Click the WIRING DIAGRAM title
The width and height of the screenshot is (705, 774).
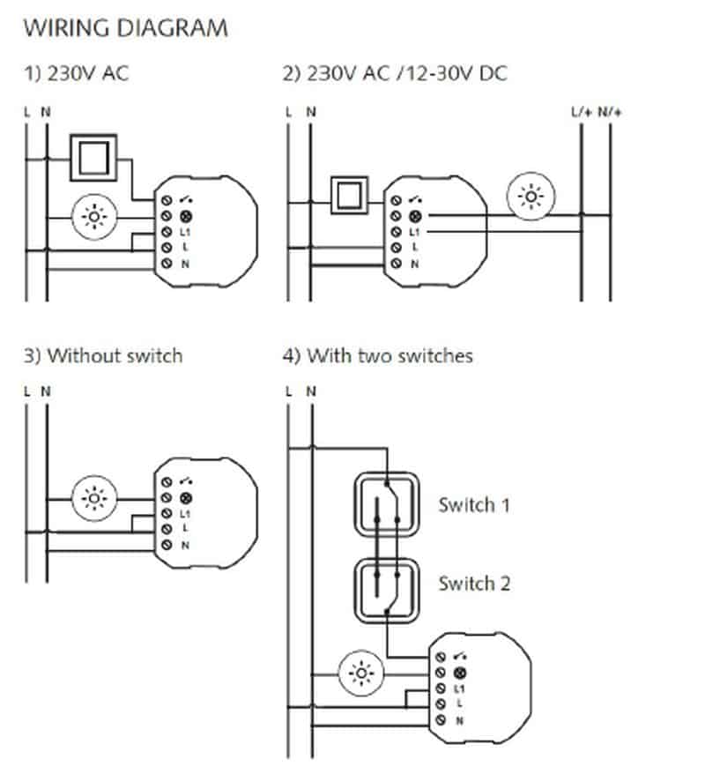point(125,28)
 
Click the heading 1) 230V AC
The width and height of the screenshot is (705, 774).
point(77,73)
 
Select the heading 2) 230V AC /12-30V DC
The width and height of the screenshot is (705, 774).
point(394,73)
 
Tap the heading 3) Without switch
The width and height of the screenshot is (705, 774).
point(102,356)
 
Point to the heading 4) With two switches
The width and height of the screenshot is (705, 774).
point(377,356)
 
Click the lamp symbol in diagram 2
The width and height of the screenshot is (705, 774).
point(533,197)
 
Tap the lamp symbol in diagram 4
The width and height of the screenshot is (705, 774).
point(361,674)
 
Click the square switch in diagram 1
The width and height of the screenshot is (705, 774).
point(93,159)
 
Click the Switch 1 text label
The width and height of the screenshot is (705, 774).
point(474,506)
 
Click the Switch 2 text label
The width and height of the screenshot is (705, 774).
point(474,584)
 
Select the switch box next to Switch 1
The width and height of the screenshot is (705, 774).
point(384,505)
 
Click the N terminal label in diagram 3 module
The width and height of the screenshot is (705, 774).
point(186,546)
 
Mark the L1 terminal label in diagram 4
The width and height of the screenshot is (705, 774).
point(458,688)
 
